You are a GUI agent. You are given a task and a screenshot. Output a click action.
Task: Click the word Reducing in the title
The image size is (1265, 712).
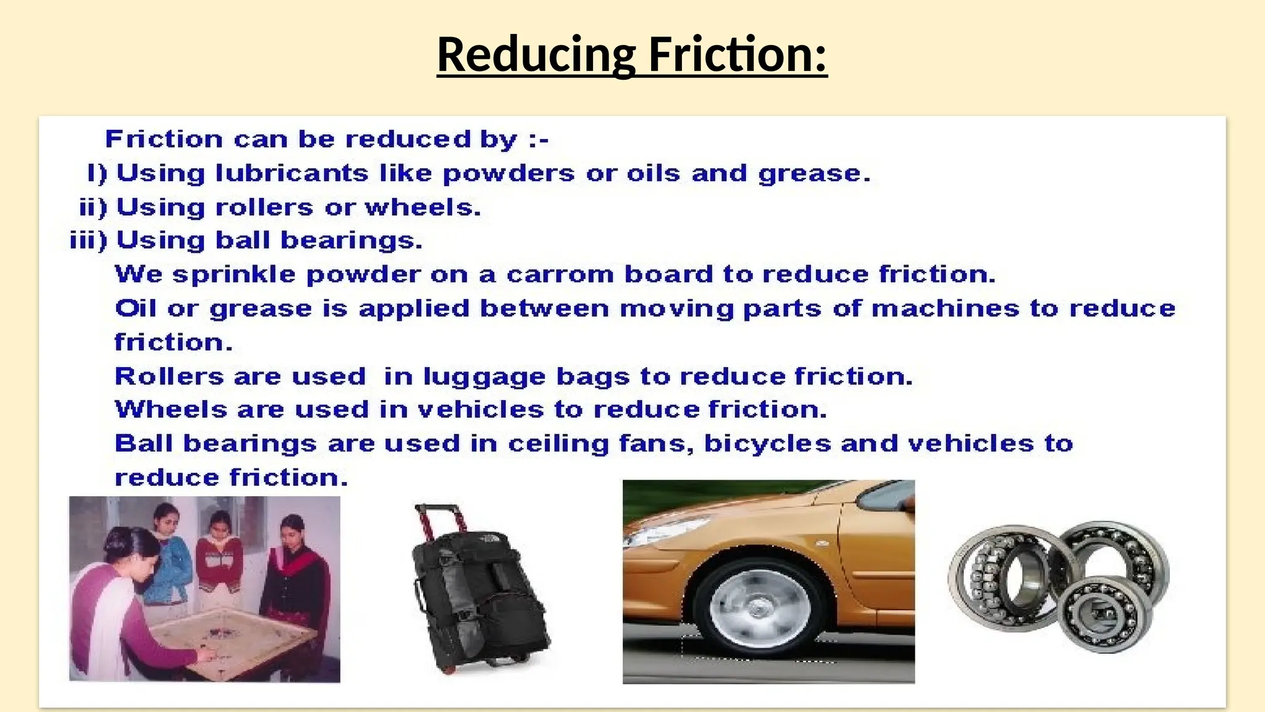tap(536, 54)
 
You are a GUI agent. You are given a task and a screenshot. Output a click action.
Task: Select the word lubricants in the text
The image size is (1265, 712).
tap(292, 173)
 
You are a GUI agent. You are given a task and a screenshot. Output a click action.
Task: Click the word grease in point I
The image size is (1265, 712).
tap(813, 174)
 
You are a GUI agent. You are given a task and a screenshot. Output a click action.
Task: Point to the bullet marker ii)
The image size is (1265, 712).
tap(93, 208)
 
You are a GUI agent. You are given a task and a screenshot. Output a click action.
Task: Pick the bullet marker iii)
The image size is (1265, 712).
tap(88, 240)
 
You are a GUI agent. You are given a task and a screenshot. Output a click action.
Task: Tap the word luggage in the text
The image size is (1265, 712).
tap(484, 377)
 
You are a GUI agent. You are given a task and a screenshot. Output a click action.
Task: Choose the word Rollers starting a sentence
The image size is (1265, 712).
tap(169, 376)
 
